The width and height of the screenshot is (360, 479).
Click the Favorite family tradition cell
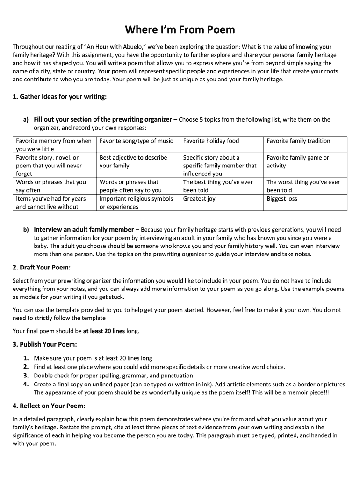[x=298, y=141]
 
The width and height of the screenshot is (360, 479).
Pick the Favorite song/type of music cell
[x=136, y=141]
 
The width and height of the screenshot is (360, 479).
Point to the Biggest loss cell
[x=281, y=199]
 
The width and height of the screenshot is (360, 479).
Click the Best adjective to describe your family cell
[x=133, y=161]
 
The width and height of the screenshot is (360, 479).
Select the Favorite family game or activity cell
[x=297, y=161]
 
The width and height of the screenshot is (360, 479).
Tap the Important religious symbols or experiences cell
[x=136, y=203]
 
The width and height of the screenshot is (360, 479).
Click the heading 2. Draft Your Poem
[x=42, y=268]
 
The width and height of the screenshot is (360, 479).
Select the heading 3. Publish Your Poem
[x=45, y=345]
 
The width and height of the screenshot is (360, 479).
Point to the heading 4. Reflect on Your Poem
[x=49, y=406]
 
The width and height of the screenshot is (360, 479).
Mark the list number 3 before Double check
[x=26, y=376]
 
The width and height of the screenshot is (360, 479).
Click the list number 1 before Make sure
[x=26, y=358]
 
